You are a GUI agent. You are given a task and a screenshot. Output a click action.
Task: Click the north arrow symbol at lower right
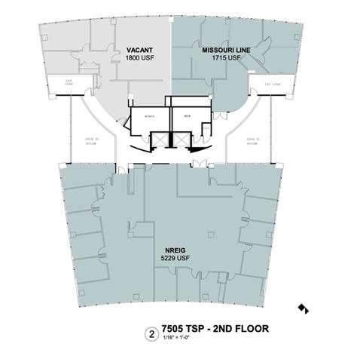[x=303, y=308]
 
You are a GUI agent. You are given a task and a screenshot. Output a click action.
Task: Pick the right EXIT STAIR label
[x=273, y=84]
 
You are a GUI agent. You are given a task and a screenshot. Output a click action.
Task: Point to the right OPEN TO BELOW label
[x=252, y=141]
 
